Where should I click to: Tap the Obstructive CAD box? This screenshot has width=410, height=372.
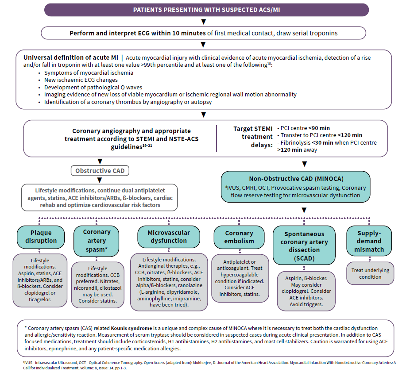[x=99, y=171]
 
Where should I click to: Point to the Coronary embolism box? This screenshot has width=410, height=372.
[x=239, y=237]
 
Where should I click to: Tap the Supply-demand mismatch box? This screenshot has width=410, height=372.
[x=369, y=241]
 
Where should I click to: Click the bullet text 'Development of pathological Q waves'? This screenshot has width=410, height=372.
[x=93, y=87]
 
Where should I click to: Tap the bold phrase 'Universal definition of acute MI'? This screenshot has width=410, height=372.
[x=71, y=58]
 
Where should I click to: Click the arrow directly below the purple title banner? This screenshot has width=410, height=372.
[x=203, y=22]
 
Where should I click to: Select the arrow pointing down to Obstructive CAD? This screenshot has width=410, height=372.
[x=100, y=161]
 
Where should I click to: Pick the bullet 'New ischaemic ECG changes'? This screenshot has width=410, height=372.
[x=81, y=80]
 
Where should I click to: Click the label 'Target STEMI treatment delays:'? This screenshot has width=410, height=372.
[x=253, y=137]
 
